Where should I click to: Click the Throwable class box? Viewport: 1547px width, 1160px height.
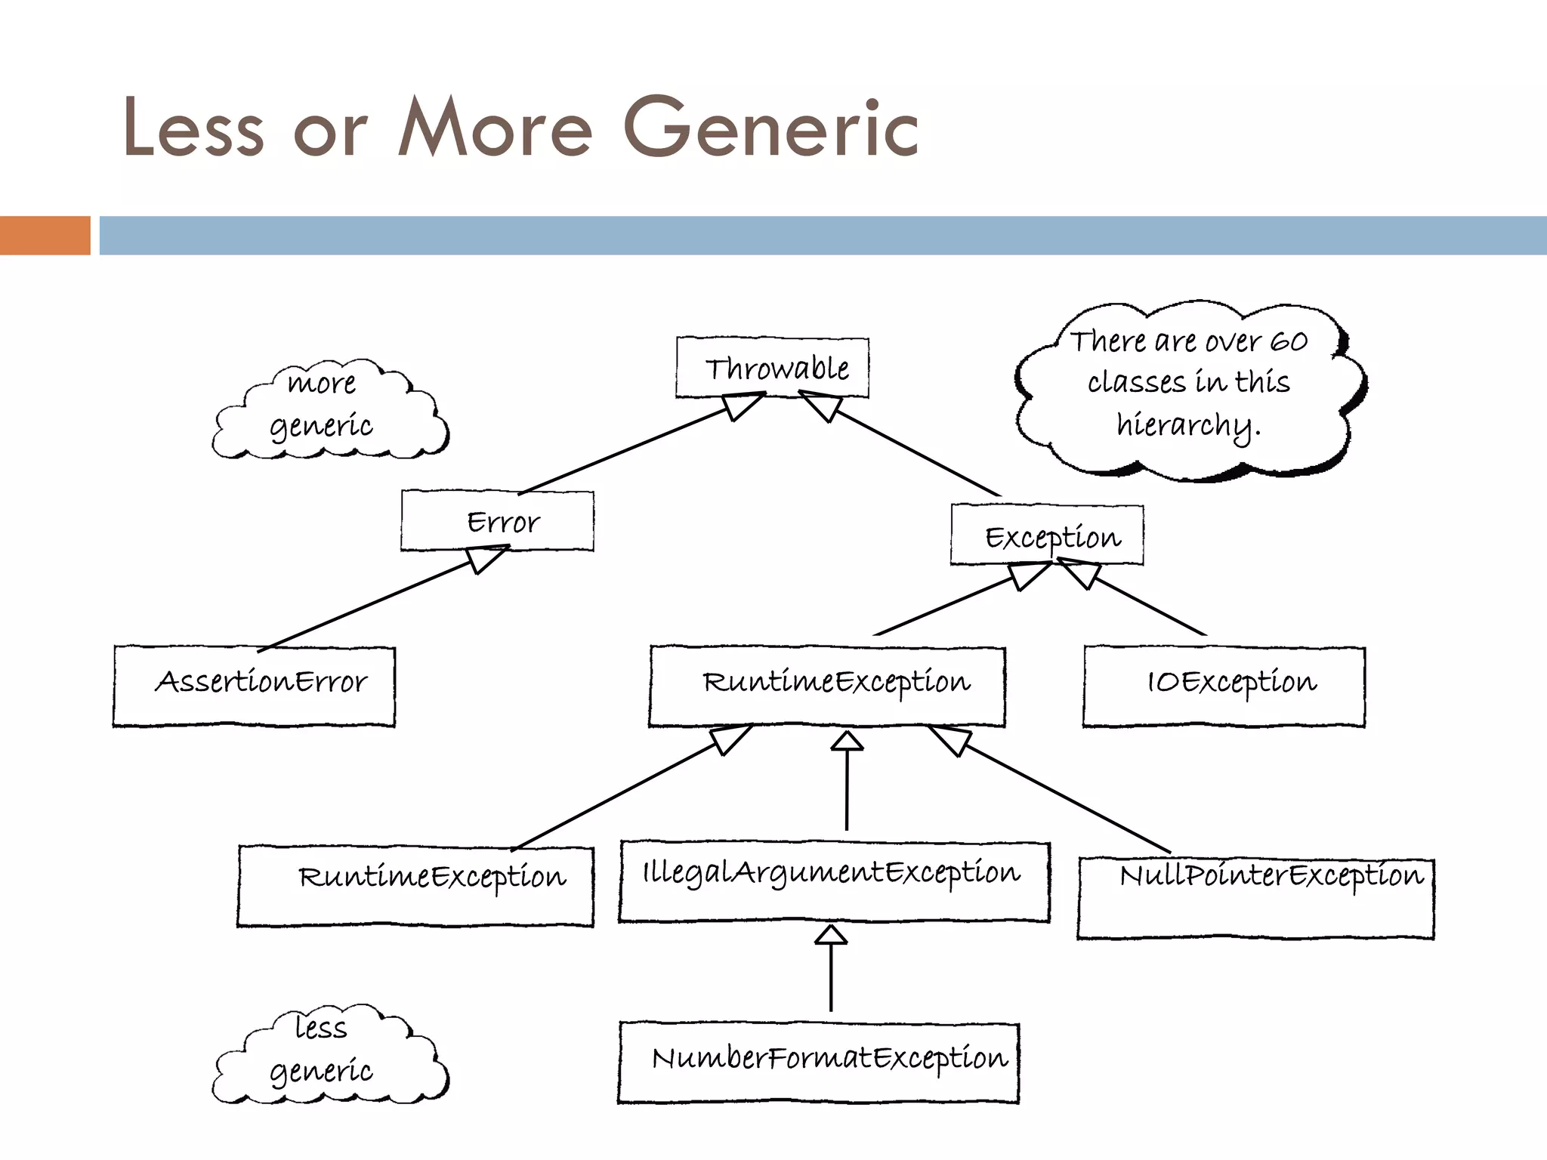coord(772,368)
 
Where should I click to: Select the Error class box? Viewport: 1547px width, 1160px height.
coord(497,521)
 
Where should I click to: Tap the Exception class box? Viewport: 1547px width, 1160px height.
coord(1047,535)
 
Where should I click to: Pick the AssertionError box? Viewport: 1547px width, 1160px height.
coord(254,686)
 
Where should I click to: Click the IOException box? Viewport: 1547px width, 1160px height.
coord(1224,686)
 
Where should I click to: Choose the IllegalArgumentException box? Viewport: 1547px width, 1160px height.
coord(834,882)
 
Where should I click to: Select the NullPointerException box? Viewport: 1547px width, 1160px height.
coord(1255,899)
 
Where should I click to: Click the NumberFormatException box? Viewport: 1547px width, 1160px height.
coord(818,1062)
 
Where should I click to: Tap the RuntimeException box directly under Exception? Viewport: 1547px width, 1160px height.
coord(827,686)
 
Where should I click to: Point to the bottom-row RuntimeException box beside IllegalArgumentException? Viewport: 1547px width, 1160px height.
coord(415,887)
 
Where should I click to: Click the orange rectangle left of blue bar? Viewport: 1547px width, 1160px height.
coord(45,235)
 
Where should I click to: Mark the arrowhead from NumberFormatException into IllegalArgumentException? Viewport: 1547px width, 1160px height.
coord(831,935)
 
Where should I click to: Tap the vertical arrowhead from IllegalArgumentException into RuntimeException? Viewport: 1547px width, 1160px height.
coord(847,741)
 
